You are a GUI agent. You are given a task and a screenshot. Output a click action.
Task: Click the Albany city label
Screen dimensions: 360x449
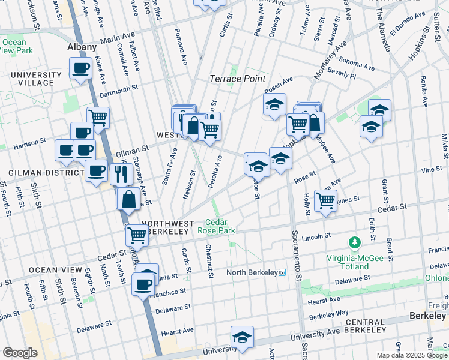82,47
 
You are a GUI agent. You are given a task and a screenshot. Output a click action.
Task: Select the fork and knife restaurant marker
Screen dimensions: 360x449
121,174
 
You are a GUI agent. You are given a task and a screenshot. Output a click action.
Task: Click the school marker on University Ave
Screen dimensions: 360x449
242,337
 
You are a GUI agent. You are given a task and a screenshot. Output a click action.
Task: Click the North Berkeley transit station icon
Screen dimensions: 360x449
282,273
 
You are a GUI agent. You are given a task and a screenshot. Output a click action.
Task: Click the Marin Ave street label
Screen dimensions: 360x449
116,38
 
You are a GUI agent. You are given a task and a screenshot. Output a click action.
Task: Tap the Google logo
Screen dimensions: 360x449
20,352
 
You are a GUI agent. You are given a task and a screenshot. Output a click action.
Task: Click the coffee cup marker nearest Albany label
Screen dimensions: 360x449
80,68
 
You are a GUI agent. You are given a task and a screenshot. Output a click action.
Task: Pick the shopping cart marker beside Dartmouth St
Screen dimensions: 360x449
98,117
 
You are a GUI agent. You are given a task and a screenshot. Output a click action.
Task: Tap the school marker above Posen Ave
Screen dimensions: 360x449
274,104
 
